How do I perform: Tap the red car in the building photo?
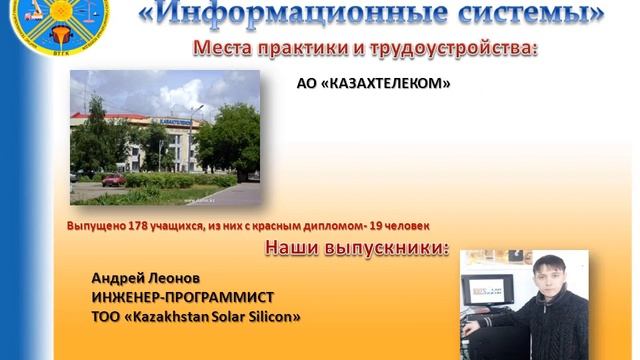tap(114, 180)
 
